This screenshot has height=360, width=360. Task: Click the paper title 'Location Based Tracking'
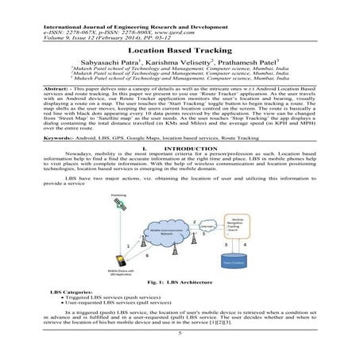180,49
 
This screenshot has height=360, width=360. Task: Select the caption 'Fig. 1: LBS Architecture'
180,282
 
